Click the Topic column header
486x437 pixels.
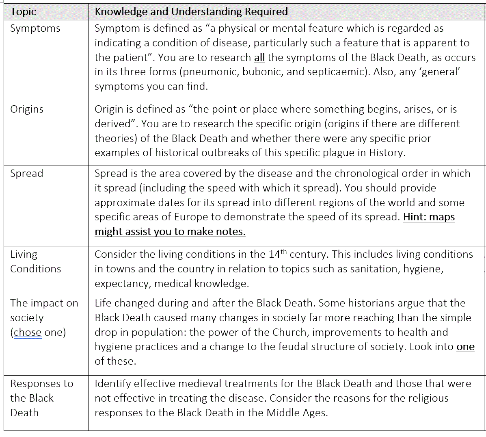23,12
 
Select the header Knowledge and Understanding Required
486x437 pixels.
191,11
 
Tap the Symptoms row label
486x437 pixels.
35,28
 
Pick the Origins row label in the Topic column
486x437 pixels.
27,109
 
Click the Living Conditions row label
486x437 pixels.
35,261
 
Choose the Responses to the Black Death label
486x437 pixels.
41,398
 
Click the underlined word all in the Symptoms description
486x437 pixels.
259,58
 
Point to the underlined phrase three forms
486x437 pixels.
148,72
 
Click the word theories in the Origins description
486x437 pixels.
116,138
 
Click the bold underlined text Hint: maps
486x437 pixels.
429,217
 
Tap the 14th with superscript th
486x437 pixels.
277,254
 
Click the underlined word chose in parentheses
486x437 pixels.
28,332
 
